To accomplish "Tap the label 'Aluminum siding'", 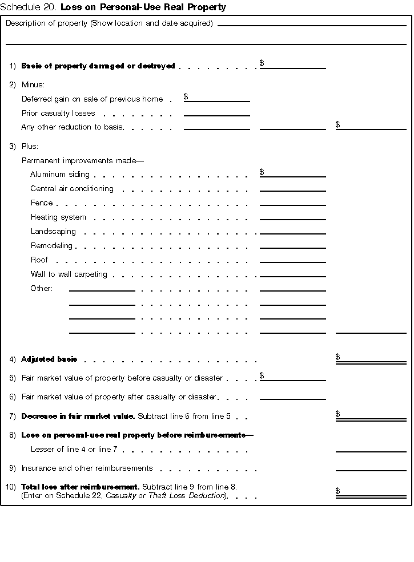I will tap(60, 175).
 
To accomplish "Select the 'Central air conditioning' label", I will tap(72, 189).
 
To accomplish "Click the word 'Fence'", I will tap(42, 203).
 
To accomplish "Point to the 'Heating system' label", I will tap(58, 217).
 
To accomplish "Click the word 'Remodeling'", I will tap(51, 246).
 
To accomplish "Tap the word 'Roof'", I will tap(39, 260).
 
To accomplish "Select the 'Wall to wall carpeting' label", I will tap(69, 274).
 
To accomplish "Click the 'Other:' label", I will tap(41, 289).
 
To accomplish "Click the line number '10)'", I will tap(11, 487).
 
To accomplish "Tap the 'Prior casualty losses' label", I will tap(58, 114).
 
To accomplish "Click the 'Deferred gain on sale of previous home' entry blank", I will tap(217, 98).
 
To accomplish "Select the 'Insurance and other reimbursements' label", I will tap(87, 468).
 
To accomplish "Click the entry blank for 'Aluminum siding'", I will tap(293, 173).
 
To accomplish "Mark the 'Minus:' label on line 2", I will tap(32, 85).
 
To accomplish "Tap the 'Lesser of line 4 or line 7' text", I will tap(74, 450).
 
